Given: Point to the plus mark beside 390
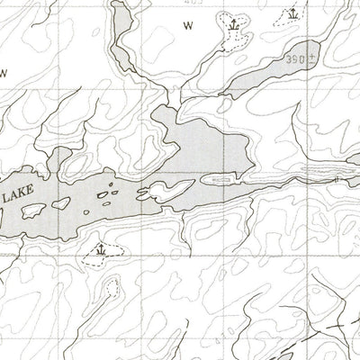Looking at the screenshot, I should pyautogui.click(x=311, y=56).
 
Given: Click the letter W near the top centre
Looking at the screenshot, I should pyautogui.click(x=188, y=26).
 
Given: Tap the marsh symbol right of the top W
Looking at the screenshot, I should pyautogui.click(x=234, y=25).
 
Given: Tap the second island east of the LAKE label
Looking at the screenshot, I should pyautogui.click(x=63, y=203).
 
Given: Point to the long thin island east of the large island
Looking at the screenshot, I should pyautogui.click(x=220, y=180).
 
